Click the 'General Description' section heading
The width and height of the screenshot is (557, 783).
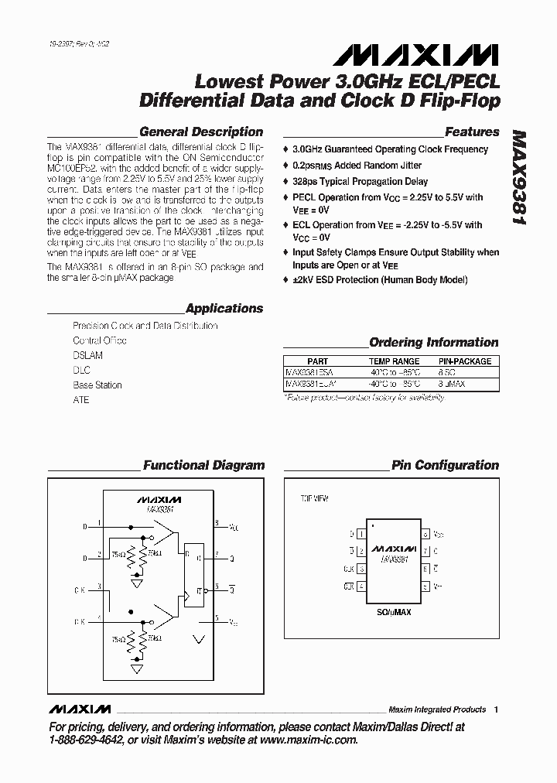[201, 132]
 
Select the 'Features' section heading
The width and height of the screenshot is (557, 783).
[472, 132]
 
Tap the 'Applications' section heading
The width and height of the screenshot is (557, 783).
[224, 309]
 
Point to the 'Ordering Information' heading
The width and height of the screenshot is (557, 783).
[433, 343]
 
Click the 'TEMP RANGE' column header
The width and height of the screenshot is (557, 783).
[394, 361]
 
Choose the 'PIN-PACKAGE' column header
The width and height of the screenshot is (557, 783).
[465, 361]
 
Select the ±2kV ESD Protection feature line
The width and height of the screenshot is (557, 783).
[380, 280]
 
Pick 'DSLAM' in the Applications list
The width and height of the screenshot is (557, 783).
[87, 355]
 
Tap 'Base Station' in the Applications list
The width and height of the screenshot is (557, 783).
[97, 385]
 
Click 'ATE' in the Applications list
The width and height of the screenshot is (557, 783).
[81, 400]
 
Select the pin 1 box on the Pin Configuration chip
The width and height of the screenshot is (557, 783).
[360, 534]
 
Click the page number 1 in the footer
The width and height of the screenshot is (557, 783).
[496, 709]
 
